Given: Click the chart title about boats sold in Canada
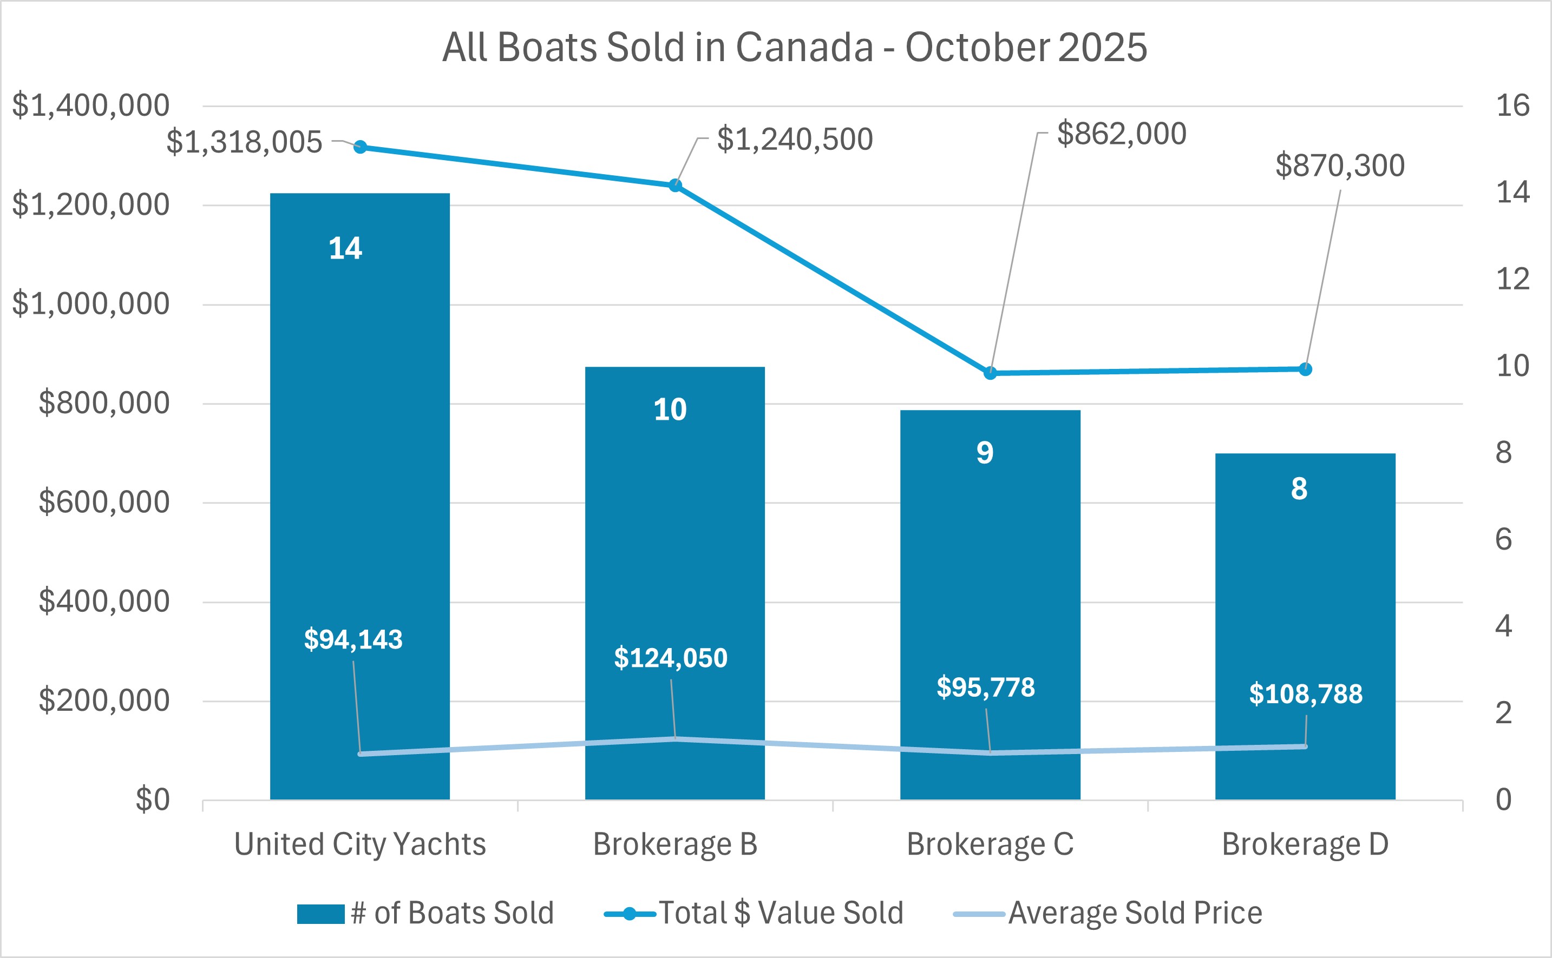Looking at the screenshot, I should click(794, 48).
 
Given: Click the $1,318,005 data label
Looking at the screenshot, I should click(244, 142).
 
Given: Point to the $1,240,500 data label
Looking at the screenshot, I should click(794, 140).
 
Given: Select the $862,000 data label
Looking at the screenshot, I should click(1121, 134).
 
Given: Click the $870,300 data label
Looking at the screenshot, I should click(1340, 166).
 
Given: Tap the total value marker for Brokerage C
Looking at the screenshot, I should click(990, 373).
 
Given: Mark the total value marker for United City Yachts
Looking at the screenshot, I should click(360, 147).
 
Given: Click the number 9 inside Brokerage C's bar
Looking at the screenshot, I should click(985, 452).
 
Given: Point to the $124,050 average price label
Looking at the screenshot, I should click(670, 658).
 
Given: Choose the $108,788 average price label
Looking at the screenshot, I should click(1305, 695).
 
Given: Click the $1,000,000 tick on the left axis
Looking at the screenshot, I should click(90, 304).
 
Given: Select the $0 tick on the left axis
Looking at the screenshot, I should click(152, 800).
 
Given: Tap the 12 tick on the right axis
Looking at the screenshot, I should click(1512, 280).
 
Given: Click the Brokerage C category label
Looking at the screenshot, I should click(990, 844).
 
